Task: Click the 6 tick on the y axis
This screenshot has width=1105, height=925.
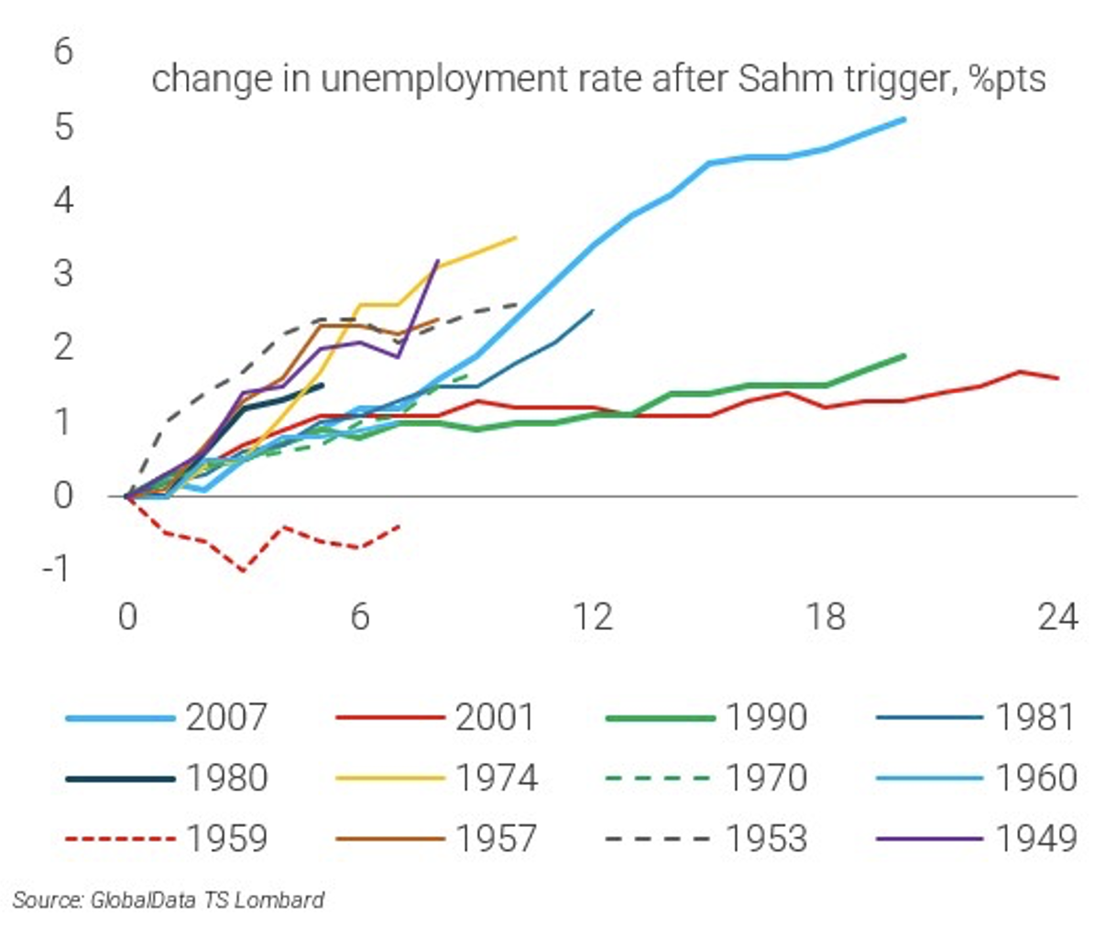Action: click(x=62, y=51)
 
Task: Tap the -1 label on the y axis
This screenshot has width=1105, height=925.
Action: click(x=57, y=569)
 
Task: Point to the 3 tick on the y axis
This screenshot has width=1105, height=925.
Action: click(x=62, y=273)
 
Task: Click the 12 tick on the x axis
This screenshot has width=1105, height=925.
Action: click(x=593, y=617)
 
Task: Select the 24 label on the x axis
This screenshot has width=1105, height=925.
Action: click(x=1057, y=617)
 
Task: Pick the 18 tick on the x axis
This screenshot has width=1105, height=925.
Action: click(x=826, y=617)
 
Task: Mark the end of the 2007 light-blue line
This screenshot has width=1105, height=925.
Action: click(x=904, y=119)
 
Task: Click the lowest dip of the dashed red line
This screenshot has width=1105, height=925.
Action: click(x=243, y=571)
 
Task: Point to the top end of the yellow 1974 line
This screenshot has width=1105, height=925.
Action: click(x=516, y=237)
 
